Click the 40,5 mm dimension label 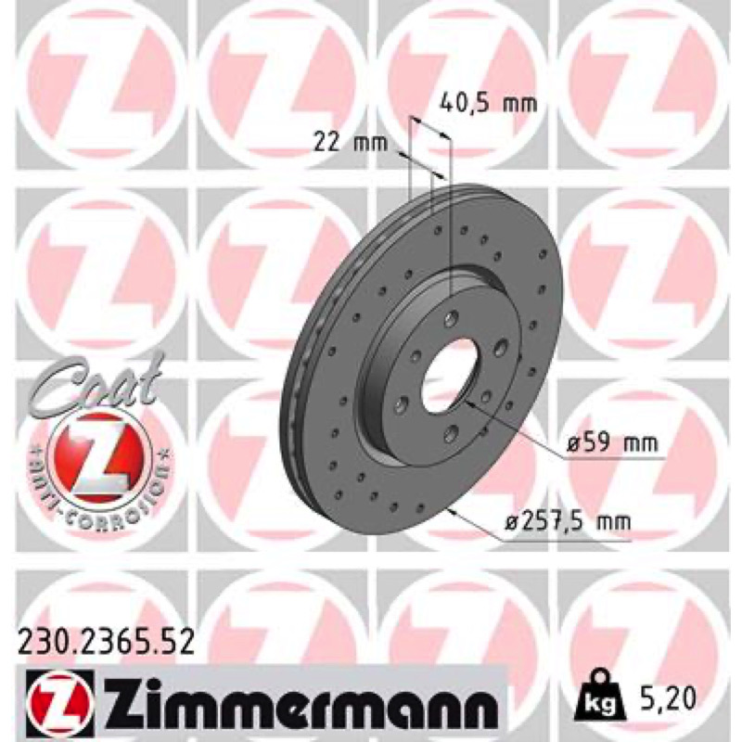point(489,104)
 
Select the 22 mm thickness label point(351,143)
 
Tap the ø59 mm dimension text point(612,444)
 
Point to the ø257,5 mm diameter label point(568,521)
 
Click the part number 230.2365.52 point(106,642)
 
